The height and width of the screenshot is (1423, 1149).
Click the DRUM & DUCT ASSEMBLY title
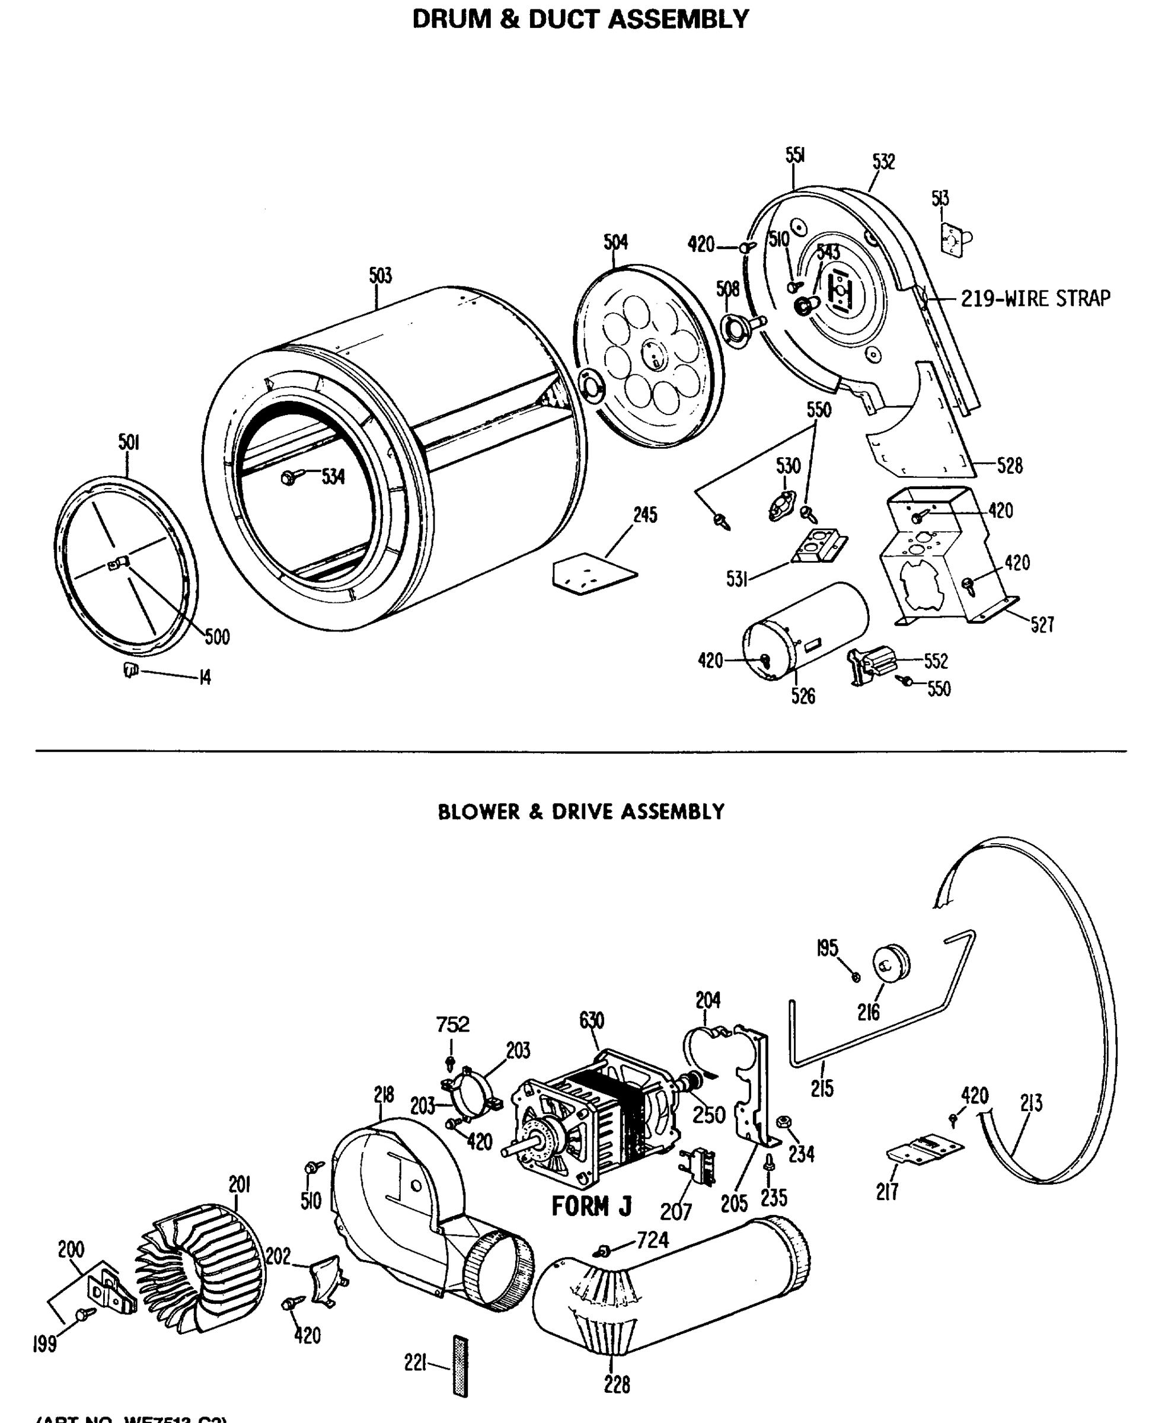tap(580, 18)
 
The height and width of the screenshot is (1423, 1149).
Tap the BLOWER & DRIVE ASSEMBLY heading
tap(580, 812)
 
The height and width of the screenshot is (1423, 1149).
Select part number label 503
tap(381, 275)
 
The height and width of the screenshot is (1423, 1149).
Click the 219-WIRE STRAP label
tap(1035, 299)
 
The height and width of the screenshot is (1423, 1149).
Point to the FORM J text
tap(592, 1207)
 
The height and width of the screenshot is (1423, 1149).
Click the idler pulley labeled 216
tap(892, 963)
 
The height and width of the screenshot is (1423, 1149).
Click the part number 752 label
tap(453, 1025)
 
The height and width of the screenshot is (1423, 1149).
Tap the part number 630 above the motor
tap(591, 1020)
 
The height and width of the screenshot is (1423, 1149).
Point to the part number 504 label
tap(615, 243)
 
